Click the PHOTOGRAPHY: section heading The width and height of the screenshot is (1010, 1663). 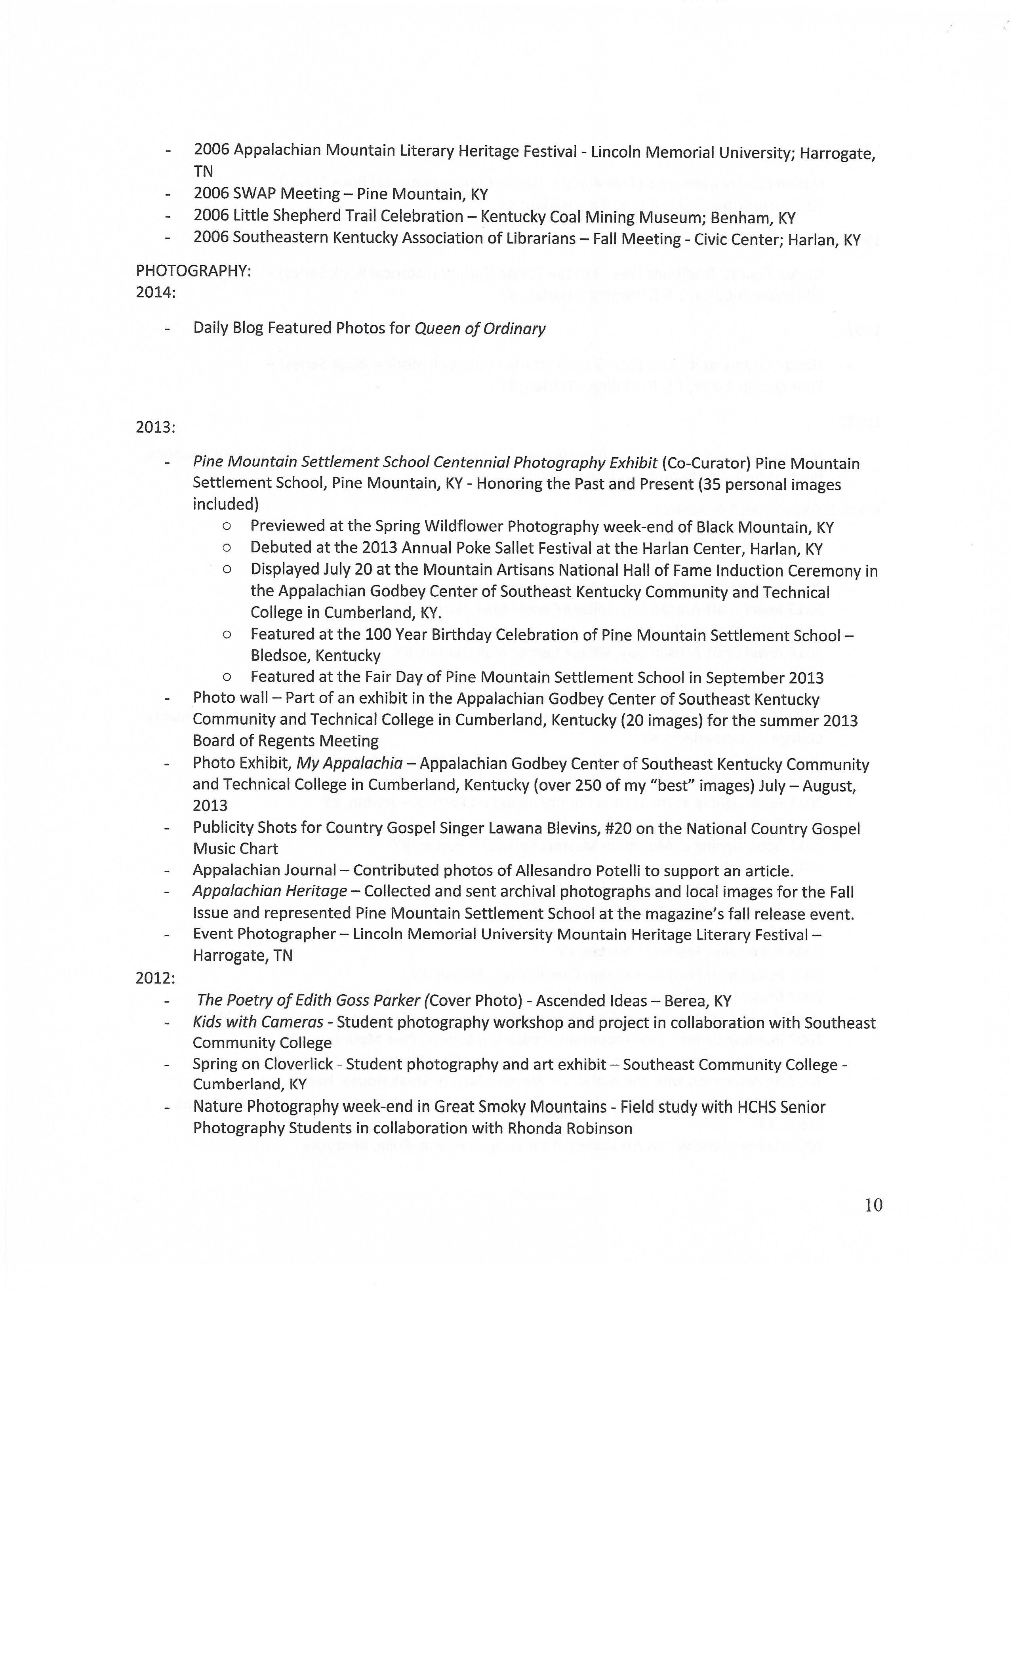[193, 271]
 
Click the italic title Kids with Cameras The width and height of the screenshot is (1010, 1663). [258, 1022]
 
